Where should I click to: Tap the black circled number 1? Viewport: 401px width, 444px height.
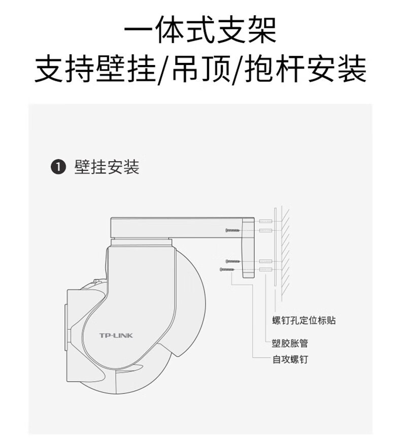click(x=59, y=167)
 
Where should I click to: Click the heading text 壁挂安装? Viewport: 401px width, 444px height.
click(x=107, y=167)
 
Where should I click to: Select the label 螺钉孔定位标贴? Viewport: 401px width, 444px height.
click(x=304, y=320)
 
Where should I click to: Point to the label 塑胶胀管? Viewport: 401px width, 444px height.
click(x=289, y=344)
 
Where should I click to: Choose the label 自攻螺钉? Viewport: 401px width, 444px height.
click(x=289, y=360)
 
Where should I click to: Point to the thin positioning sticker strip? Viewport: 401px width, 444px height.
click(x=275, y=249)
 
